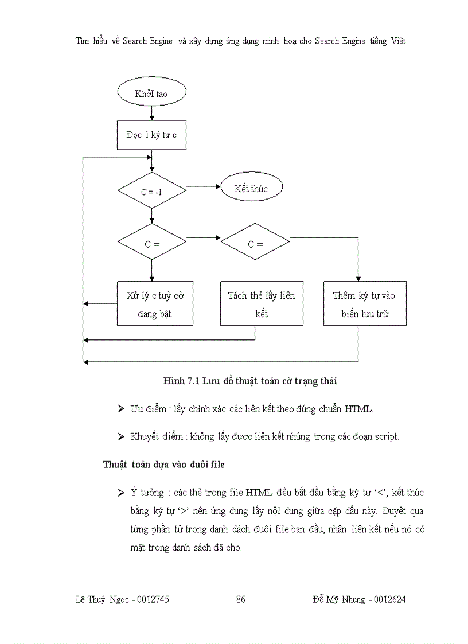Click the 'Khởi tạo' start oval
151,93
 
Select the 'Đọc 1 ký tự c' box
151,135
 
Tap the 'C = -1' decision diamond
151,191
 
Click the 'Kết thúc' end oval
251,188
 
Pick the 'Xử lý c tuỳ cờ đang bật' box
155,303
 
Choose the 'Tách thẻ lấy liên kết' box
262,303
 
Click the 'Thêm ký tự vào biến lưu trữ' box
364,303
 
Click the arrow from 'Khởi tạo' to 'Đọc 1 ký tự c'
151,114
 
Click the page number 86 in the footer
241,599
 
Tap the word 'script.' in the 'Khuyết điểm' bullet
385,436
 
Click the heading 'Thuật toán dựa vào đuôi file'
163,465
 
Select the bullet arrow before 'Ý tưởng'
120,493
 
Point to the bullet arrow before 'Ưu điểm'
120,409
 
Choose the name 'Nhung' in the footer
352,599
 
